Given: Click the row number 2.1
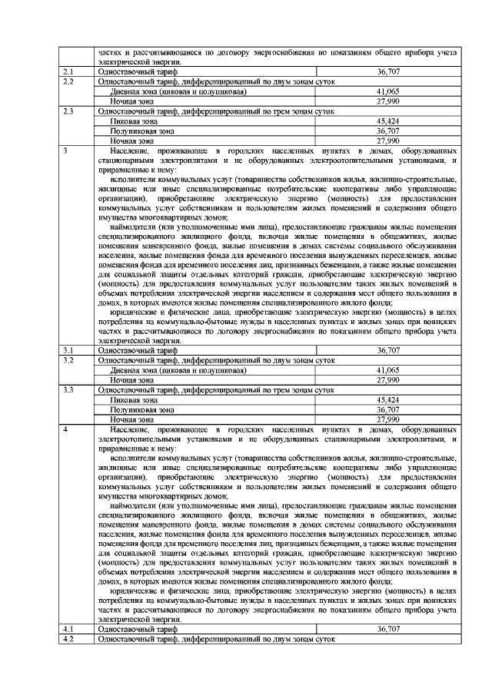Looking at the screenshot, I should [68, 71].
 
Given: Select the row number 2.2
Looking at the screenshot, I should [68, 81].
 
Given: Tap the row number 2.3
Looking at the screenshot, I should [68, 111].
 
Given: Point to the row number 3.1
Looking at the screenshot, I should [68, 349].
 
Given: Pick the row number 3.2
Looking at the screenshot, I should [68, 359].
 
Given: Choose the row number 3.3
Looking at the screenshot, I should [68, 390].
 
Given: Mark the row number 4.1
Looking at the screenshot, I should [68, 628].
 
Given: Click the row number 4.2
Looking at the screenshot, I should [68, 638].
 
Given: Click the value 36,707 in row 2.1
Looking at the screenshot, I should [389, 71].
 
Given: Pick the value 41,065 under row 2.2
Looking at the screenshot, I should [389, 91].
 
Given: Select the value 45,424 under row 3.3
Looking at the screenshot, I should [389, 400].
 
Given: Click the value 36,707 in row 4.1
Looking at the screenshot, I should [389, 628].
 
